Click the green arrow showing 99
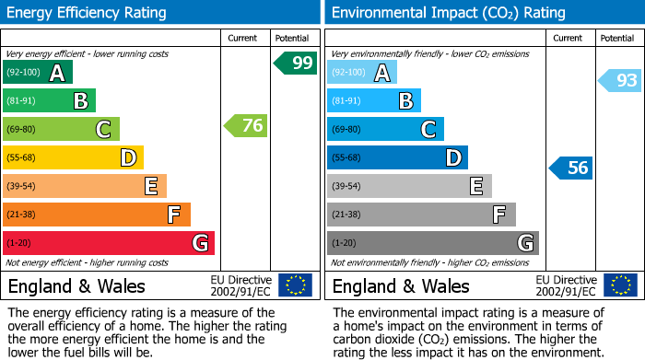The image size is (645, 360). [x=295, y=64]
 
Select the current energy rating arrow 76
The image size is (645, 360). [x=246, y=126]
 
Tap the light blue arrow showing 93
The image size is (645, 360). [x=619, y=81]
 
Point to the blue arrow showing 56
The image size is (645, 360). [x=571, y=168]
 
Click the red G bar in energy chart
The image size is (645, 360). [x=109, y=243]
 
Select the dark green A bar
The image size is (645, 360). [x=38, y=73]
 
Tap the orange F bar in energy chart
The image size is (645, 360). [x=97, y=215]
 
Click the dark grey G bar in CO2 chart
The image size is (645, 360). [x=432, y=243]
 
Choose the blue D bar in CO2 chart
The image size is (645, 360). [x=397, y=157]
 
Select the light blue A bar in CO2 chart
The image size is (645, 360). [x=362, y=73]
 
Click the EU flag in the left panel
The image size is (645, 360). [x=295, y=285]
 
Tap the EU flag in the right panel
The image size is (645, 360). [x=619, y=285]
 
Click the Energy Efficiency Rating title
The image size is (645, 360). [x=88, y=13]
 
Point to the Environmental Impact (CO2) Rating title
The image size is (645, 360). [x=448, y=13]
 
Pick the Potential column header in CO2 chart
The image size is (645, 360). [x=616, y=38]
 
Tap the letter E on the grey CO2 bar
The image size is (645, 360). [x=476, y=187]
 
